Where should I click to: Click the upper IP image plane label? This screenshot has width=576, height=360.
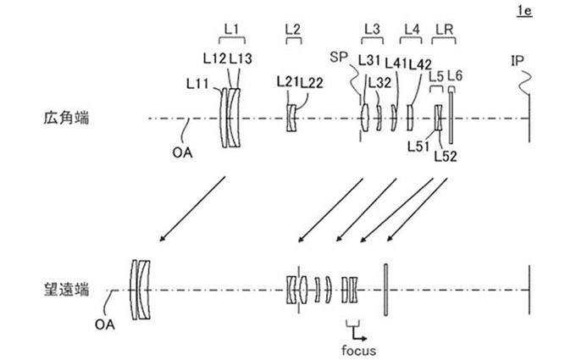518,60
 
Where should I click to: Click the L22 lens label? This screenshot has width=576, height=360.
312,81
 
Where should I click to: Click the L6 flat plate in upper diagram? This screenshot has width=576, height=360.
452,119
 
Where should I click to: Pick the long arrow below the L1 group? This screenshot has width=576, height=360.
193,207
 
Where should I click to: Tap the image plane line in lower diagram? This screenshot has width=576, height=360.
529,289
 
